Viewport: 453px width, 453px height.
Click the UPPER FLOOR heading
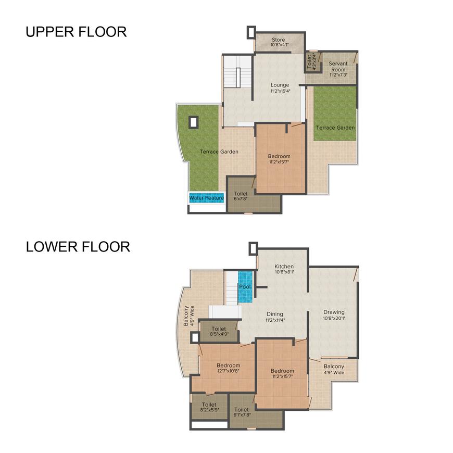pos(76,32)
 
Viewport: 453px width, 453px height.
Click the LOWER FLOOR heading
pos(78,247)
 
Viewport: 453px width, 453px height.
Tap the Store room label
pos(278,40)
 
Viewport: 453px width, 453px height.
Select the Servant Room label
pos(338,67)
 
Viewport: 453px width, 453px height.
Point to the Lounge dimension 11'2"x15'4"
pos(280,91)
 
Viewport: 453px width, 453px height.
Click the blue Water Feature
pos(207,198)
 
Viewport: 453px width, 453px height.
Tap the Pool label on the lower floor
pos(245,287)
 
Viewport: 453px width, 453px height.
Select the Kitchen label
pos(284,267)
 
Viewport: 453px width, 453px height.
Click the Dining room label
pos(275,314)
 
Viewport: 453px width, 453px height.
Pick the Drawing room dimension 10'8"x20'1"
pos(334,318)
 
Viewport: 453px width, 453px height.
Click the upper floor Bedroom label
pos(279,156)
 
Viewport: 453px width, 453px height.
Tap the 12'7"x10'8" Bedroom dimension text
pos(228,371)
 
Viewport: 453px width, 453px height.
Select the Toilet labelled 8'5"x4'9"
pos(219,331)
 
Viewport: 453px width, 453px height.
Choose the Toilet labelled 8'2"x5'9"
pos(209,407)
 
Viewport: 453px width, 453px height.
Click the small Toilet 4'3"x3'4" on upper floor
pos(312,61)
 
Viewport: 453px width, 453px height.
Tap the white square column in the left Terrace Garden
pos(194,122)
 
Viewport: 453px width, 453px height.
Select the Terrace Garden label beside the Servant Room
pos(335,128)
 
